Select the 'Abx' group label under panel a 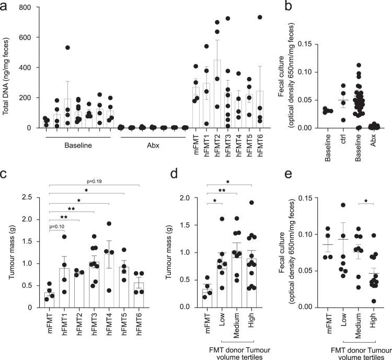point(153,147)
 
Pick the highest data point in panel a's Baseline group point(67,48)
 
